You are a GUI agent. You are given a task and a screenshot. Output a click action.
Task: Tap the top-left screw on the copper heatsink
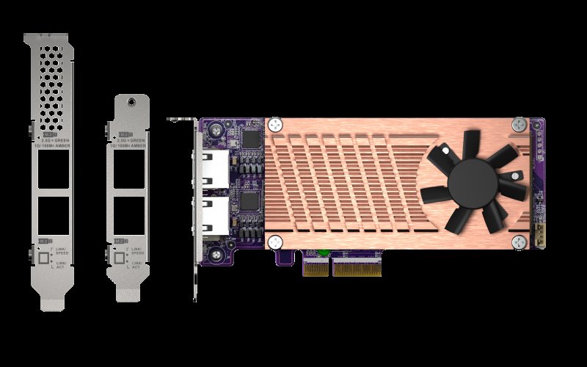pos(275,125)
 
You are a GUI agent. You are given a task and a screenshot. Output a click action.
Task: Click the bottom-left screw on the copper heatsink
pos(275,241)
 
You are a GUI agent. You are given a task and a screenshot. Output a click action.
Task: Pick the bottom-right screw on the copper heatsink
pos(519,241)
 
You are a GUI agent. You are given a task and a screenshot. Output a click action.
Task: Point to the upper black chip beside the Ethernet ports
pos(252,139)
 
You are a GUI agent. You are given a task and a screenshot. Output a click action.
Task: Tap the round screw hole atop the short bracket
pos(132,102)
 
